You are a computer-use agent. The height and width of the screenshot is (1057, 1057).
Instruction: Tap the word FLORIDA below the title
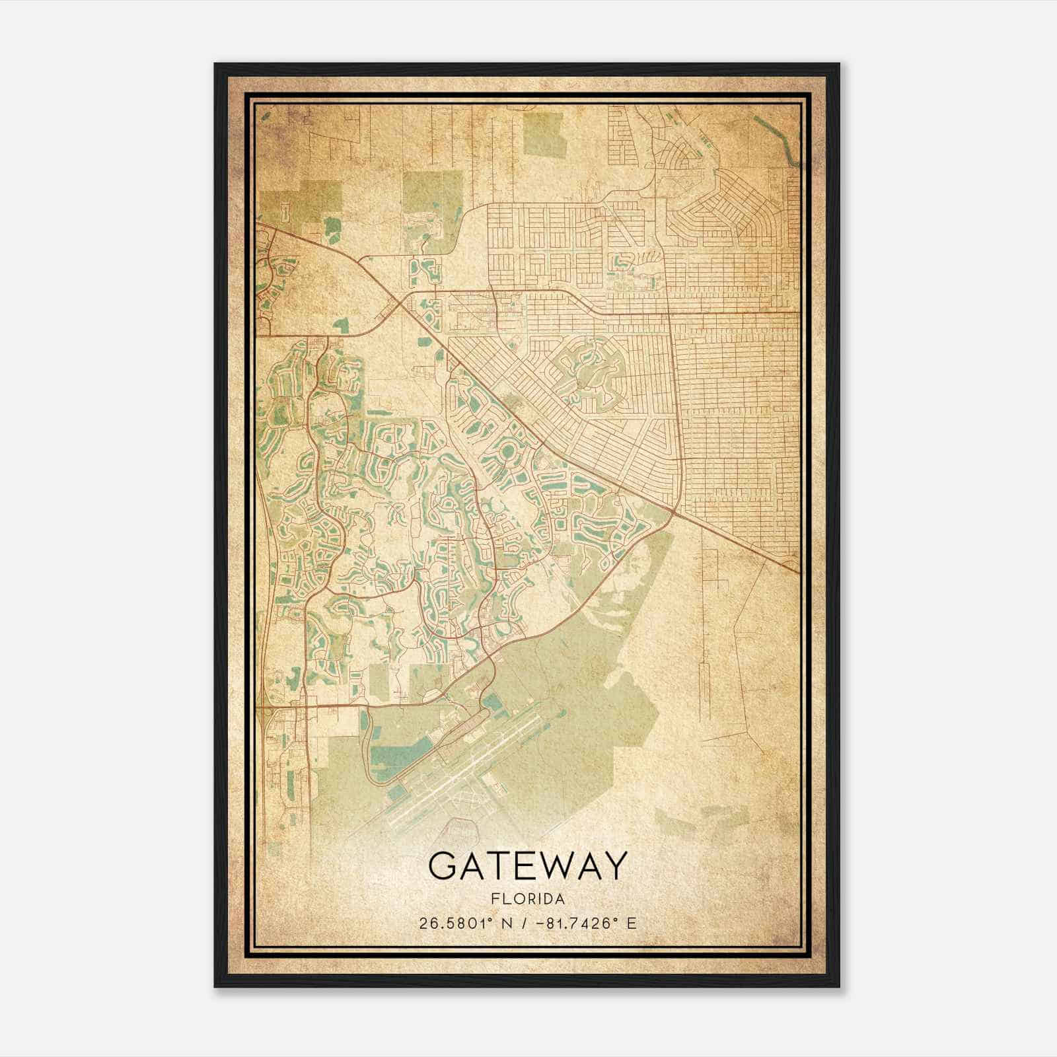(527, 898)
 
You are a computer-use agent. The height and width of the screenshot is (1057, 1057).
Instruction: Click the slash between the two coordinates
(526, 923)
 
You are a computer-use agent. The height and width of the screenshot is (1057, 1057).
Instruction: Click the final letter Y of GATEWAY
(614, 866)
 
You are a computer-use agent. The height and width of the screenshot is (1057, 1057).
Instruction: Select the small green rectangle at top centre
(545, 134)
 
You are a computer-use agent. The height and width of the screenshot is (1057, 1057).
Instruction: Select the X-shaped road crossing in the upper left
(399, 305)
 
